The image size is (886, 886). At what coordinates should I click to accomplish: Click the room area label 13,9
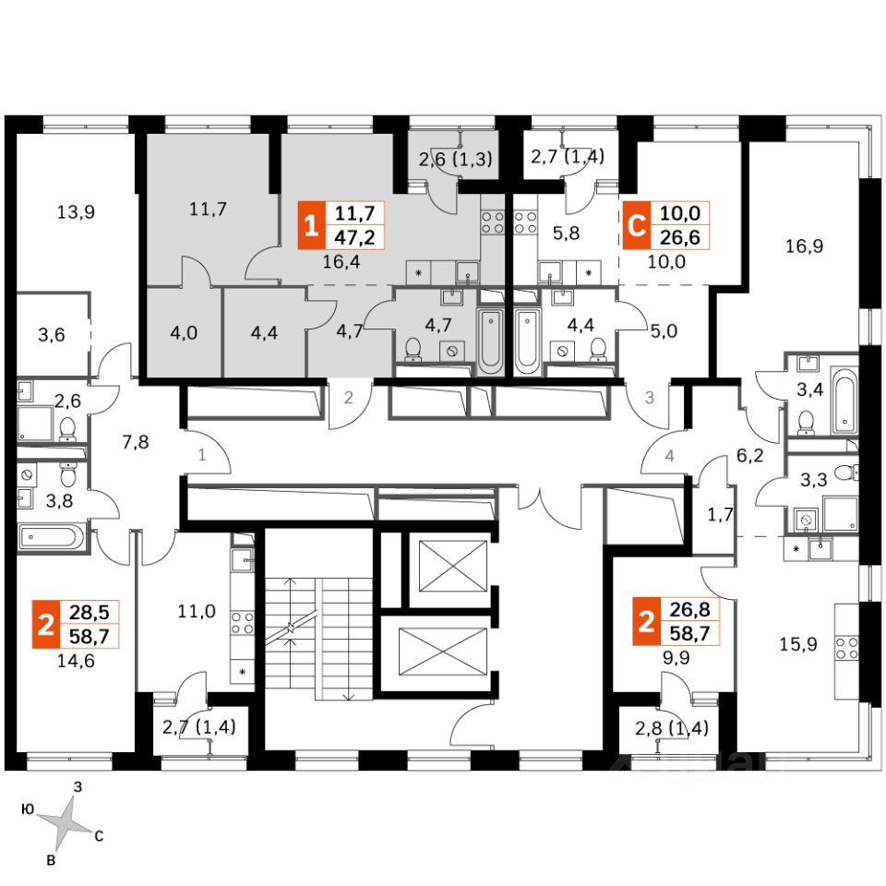coord(76,211)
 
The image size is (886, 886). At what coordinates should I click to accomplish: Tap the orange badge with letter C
coord(634,225)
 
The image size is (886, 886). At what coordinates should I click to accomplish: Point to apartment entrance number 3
coord(649,399)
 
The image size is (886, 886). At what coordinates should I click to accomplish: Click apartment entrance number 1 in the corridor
coord(200,454)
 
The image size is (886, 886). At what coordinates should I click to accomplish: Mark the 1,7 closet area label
coord(719,514)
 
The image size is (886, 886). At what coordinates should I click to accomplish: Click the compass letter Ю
coord(28,809)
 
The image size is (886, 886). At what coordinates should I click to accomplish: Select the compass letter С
coord(98,837)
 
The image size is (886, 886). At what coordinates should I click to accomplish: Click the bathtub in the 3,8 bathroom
coord(52,535)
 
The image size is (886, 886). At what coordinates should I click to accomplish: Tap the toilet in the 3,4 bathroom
coord(807,421)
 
